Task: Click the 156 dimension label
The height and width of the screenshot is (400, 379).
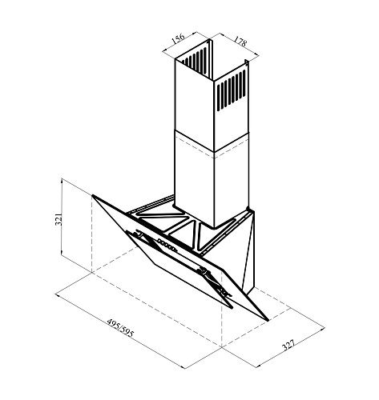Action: [x=178, y=38]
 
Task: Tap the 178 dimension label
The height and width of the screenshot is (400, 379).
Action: [x=240, y=41]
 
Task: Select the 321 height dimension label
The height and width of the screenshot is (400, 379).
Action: [x=58, y=219]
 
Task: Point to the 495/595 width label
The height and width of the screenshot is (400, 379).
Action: [x=120, y=327]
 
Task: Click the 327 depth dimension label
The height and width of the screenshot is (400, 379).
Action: [x=288, y=345]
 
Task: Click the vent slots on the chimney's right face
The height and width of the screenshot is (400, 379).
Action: [x=232, y=90]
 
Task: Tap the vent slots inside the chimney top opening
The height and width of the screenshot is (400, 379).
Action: [x=195, y=62]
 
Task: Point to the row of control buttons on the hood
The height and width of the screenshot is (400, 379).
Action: [x=167, y=245]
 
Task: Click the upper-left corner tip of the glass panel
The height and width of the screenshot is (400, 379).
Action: [x=93, y=196]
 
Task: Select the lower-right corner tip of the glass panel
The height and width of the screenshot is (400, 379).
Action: [x=267, y=319]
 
